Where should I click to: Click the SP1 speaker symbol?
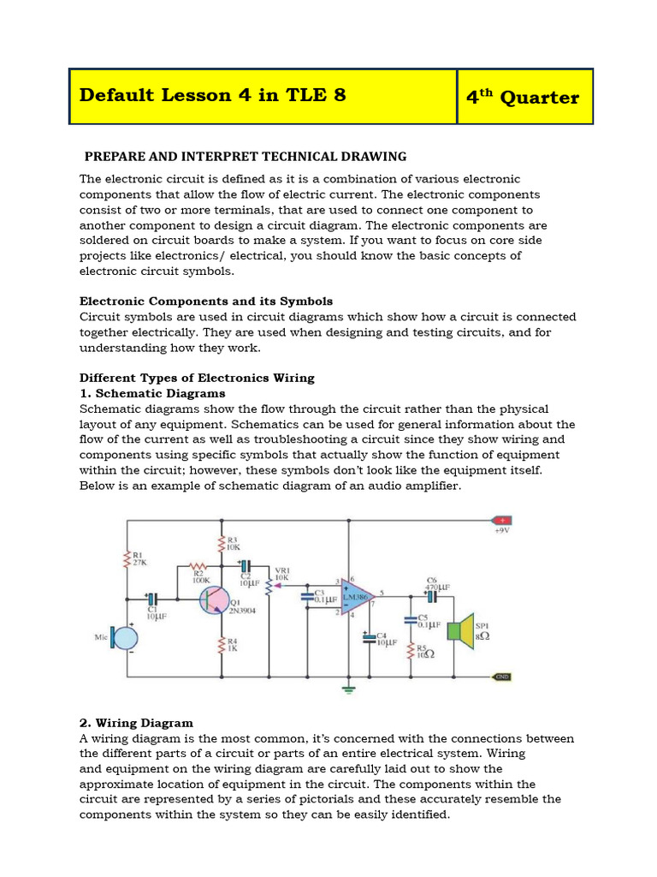tap(463, 630)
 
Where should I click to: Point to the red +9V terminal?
tap(501, 520)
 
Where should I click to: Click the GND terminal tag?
tap(502, 677)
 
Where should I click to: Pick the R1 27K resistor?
tap(128, 559)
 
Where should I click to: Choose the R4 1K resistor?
tap(222, 644)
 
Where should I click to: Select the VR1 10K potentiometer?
tap(269, 586)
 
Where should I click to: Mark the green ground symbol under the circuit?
tap(348, 688)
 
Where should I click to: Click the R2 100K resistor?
tap(198, 566)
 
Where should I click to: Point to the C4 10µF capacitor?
tap(370, 638)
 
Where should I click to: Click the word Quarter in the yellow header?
tap(539, 97)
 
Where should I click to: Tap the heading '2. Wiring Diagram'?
tap(136, 723)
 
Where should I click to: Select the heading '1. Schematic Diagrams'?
tap(152, 393)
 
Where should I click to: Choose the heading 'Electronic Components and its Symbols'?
tap(205, 301)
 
